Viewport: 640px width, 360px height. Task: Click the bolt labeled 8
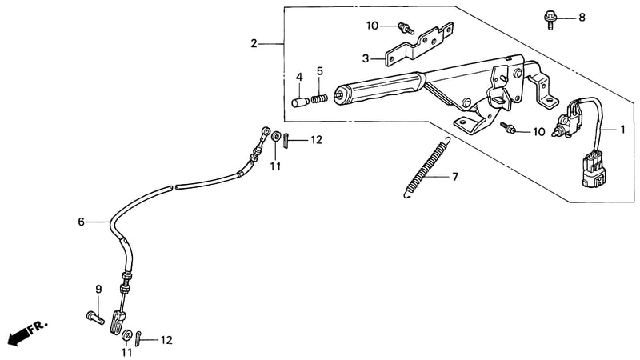coord(550,19)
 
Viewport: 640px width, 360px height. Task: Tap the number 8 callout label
coord(582,17)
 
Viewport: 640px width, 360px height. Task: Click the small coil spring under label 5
coord(319,98)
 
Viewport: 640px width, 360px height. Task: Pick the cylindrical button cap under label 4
coord(301,102)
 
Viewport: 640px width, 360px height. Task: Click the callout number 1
coord(622,130)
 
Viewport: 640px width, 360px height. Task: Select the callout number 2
coord(254,43)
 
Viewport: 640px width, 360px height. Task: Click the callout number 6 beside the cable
coord(82,222)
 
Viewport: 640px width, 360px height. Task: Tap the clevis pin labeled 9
coord(95,318)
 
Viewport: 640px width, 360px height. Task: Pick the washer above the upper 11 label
coord(276,136)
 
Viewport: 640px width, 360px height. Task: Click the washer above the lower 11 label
coord(127,334)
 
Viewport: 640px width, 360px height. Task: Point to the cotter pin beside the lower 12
coord(138,338)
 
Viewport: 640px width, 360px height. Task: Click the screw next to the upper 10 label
coord(406,28)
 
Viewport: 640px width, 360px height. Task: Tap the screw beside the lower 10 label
coord(508,128)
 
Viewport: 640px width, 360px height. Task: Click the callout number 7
coord(454,177)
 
